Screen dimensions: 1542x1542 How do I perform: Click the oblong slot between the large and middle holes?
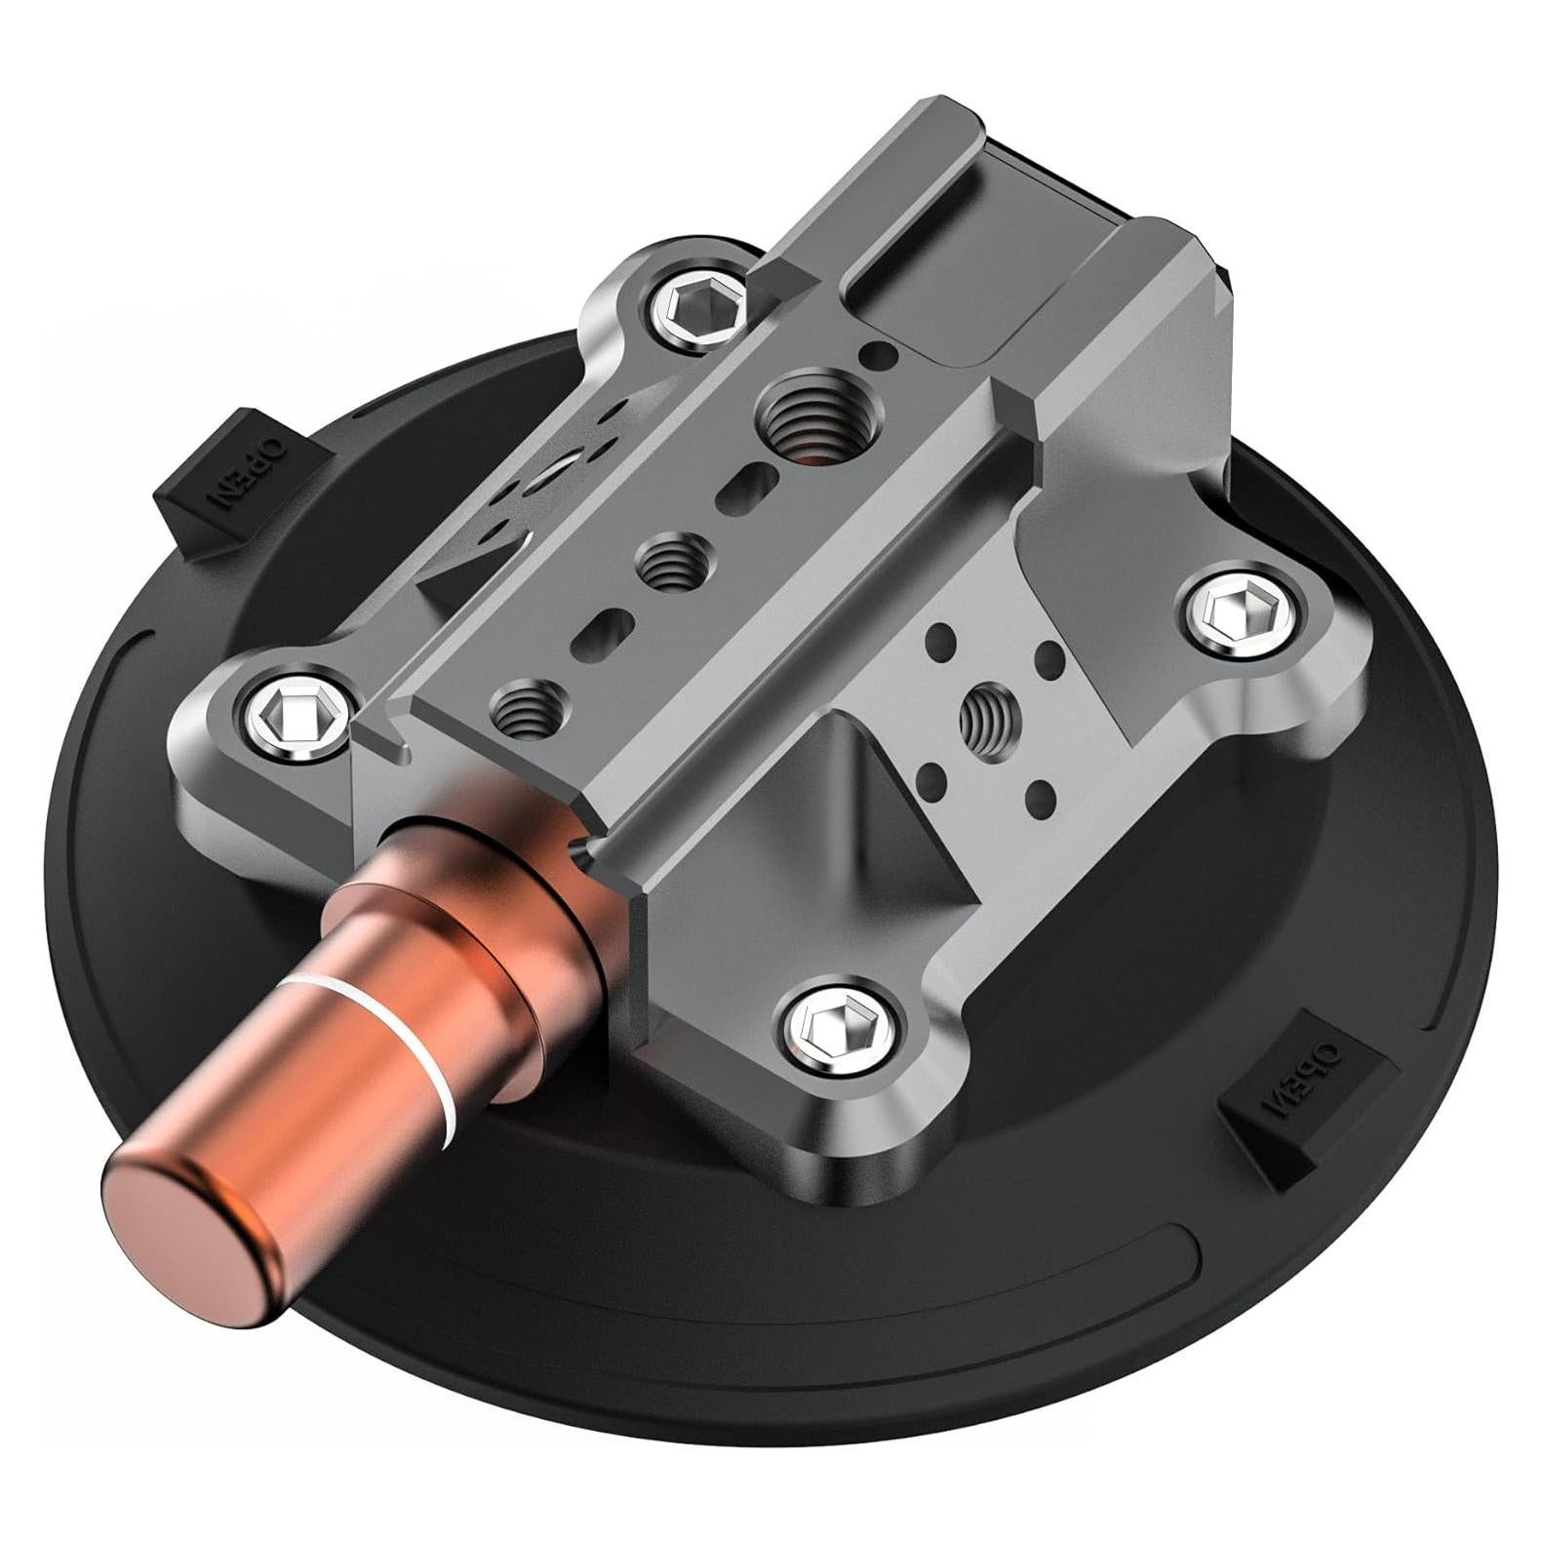(746, 486)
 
